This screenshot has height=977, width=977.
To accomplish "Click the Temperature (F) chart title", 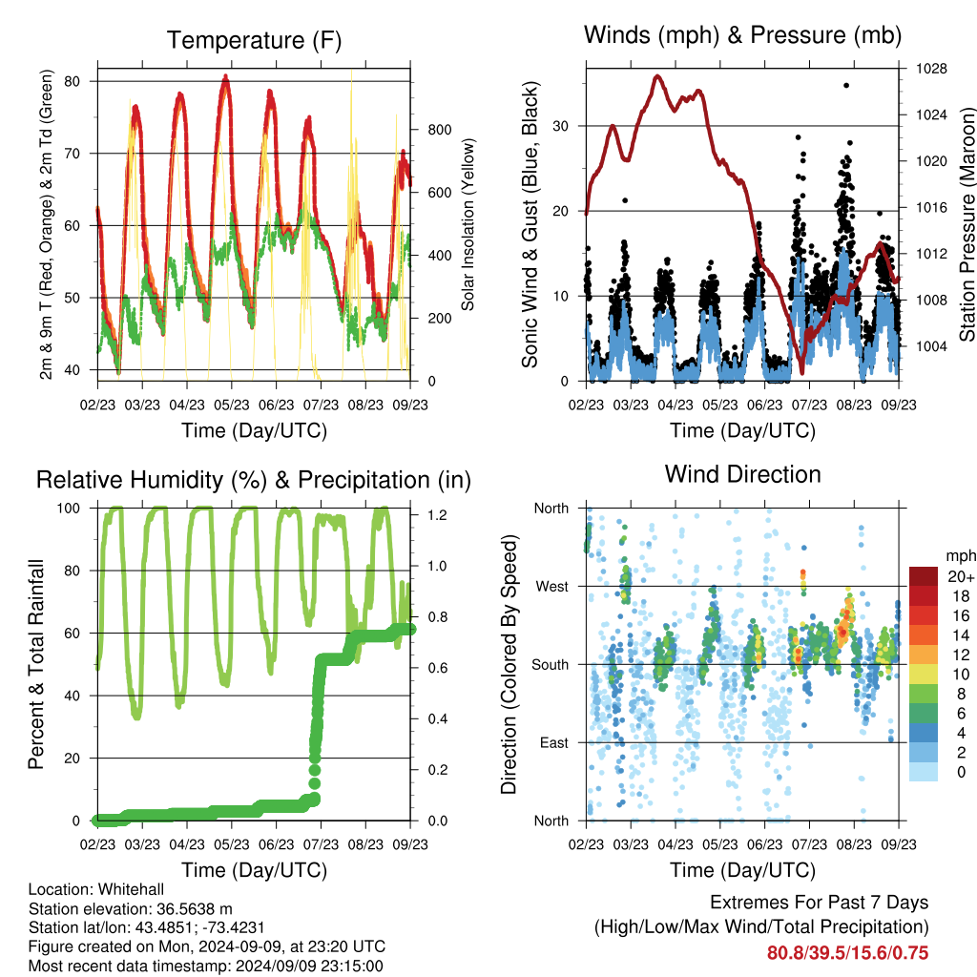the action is point(254,40).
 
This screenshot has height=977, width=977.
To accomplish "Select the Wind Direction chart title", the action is point(742,474).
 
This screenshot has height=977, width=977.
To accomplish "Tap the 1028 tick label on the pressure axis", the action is point(931,69).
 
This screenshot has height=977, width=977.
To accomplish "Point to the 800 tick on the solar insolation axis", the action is point(440,130).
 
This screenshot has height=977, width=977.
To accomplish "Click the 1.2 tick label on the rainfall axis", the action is point(437,514).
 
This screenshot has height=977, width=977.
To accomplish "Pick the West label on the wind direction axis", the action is point(552,587).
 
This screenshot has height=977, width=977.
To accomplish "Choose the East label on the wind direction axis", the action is point(554,742).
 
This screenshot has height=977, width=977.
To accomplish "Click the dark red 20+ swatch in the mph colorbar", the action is point(924,576).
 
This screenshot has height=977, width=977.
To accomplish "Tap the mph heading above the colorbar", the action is point(960,556).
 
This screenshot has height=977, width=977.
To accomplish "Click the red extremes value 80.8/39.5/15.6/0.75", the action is point(847,953).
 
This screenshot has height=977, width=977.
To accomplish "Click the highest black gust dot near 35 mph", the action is point(846,85).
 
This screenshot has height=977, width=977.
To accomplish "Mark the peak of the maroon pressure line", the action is point(657,76).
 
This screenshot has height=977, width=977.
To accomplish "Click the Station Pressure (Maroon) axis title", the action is point(967,224).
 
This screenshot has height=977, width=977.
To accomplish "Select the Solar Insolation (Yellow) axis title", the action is point(468,224).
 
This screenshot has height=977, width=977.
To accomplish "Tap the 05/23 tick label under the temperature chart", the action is point(232,405).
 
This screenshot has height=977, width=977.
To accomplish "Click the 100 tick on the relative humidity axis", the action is point(69,508).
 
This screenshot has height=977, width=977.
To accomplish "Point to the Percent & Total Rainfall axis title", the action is point(36,664).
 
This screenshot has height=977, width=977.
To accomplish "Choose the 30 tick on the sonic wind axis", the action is point(561,126).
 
